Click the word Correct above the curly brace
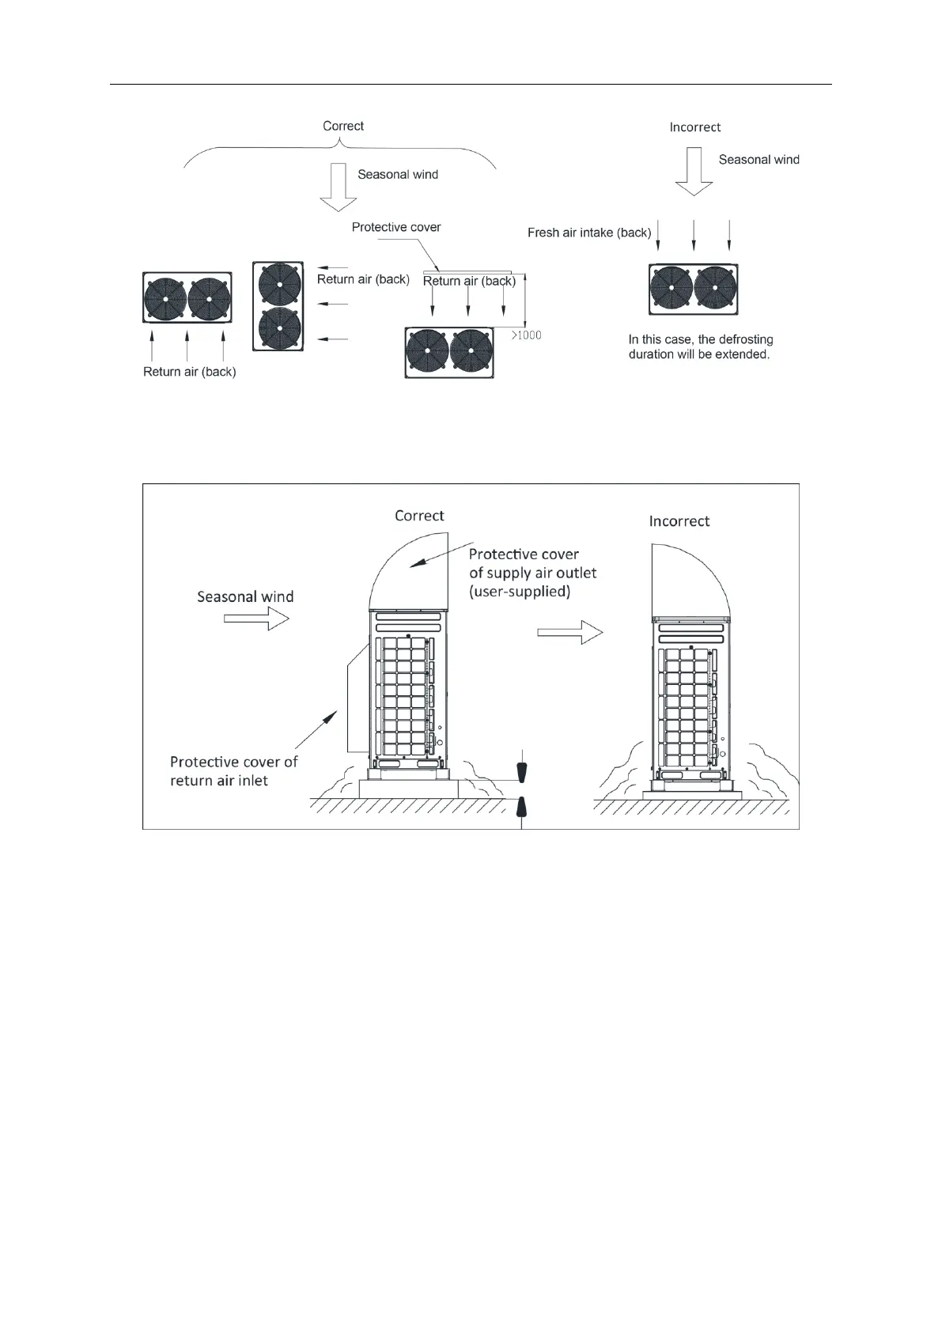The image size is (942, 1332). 343,127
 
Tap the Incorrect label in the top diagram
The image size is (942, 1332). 694,127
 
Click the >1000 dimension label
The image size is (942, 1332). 526,335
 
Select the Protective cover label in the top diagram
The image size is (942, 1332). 396,228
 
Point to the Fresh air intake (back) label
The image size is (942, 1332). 589,233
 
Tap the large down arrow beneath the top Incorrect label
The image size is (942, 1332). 694,172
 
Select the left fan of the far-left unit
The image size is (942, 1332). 166,299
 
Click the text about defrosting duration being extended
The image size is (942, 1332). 700,347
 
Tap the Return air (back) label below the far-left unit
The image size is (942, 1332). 189,372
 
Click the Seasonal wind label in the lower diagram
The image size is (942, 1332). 245,597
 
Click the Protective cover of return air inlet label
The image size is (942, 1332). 233,771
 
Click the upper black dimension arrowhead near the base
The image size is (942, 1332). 520,772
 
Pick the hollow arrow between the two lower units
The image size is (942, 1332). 570,632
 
